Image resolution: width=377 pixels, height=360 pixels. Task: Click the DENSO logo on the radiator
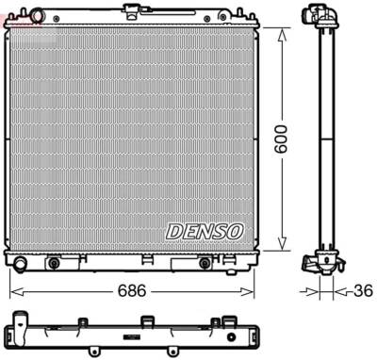click(x=205, y=230)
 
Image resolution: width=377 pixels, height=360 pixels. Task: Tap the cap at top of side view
click(x=320, y=15)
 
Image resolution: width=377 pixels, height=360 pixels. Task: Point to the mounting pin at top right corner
click(x=251, y=14)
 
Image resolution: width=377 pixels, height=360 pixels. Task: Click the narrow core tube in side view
click(x=321, y=141)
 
